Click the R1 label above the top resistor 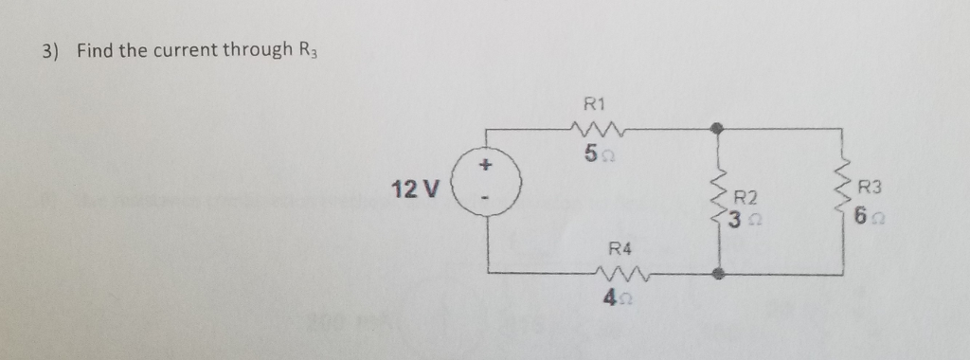coord(597,103)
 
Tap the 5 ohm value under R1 coord(597,153)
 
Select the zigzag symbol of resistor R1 coord(597,128)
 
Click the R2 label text coord(747,198)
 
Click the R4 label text coord(619,249)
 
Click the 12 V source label coord(415,189)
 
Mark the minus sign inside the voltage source coord(487,200)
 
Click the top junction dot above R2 coord(719,125)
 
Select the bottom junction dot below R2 coord(719,274)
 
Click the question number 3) coord(49,50)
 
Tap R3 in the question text coord(306,51)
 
